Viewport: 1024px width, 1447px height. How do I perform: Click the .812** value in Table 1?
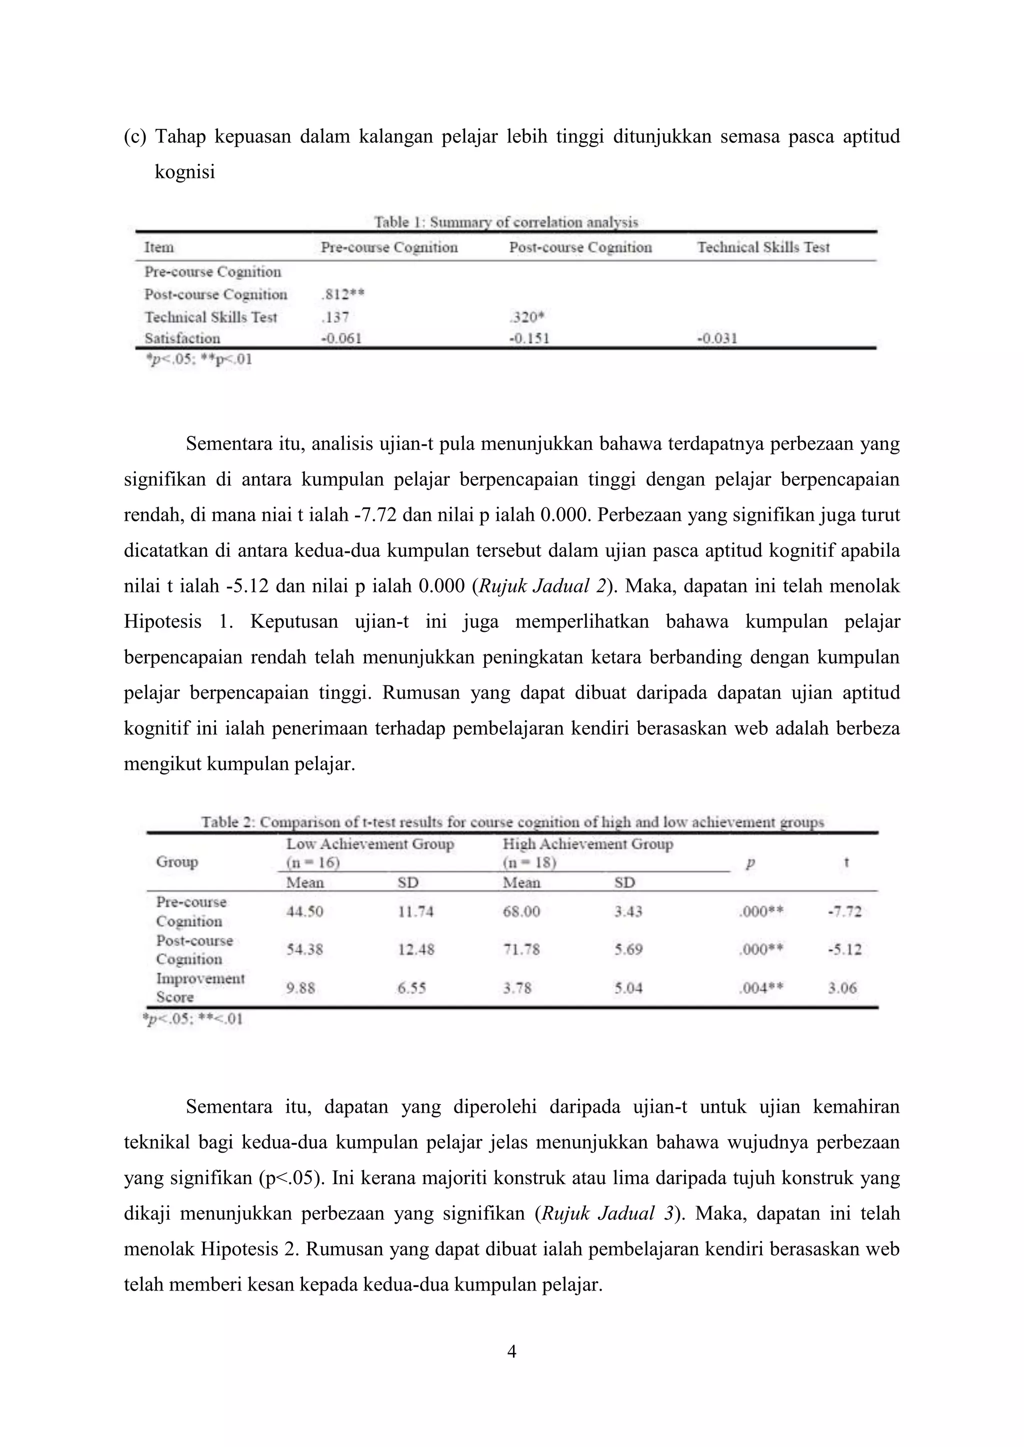click(342, 294)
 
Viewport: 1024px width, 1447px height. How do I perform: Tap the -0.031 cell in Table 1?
click(717, 338)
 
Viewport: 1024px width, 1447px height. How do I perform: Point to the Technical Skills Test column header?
click(763, 247)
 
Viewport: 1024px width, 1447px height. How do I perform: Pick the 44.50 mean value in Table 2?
click(304, 911)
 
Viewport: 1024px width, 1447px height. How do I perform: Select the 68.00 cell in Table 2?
click(521, 911)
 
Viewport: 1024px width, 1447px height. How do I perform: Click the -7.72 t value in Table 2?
click(844, 911)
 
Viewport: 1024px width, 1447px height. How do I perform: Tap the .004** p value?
click(760, 988)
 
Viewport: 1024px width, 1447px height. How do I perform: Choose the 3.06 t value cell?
click(842, 988)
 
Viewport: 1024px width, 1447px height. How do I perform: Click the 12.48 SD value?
click(415, 949)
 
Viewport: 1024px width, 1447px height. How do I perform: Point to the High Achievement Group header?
click(587, 844)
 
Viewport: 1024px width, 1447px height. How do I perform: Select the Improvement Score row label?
click(200, 988)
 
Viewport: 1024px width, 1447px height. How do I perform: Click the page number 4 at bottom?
click(512, 1351)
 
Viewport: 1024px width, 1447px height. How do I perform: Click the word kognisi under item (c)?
click(184, 172)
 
